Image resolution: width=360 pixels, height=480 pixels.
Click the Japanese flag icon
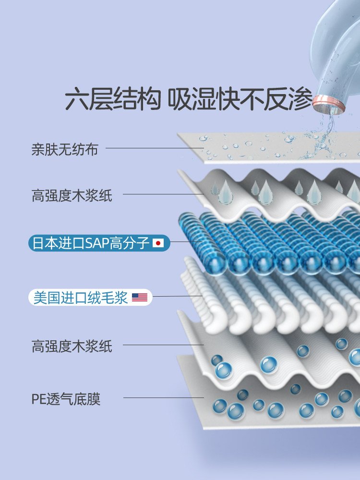tap(158, 243)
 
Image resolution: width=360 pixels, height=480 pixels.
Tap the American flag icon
tap(140, 298)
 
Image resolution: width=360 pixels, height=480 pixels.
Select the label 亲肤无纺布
tap(65, 150)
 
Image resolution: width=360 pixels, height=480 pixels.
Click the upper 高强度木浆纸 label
tap(72, 196)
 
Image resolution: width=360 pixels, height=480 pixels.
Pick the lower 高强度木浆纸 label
tap(72, 346)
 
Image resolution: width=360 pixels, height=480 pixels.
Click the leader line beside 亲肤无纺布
tap(154, 148)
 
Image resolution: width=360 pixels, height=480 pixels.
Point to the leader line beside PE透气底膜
tap(163, 397)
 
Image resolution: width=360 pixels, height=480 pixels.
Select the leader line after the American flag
tap(178, 296)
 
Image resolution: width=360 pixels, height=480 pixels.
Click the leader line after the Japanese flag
tap(185, 242)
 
